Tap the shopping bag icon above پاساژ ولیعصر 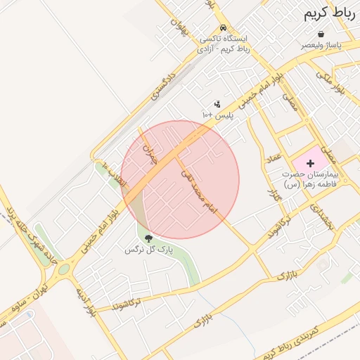pos(321,34)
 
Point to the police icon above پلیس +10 pos(217,104)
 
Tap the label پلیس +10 pos(217,115)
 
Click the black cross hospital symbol pos(311,163)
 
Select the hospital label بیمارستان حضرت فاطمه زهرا pos(310,179)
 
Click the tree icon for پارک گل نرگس pos(148,239)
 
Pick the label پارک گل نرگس pos(148,250)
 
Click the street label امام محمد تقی pos(199,191)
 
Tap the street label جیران pos(148,153)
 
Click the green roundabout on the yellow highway pos(64,269)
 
